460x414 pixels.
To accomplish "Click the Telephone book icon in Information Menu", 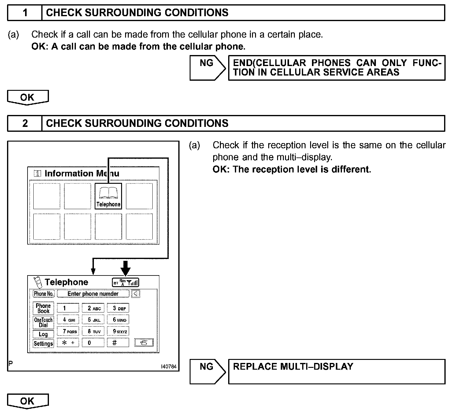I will click(108, 196).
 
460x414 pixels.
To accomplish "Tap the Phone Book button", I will click(43, 308).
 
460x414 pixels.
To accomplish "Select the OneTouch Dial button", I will click(43, 322).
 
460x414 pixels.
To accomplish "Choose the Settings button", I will click(43, 343).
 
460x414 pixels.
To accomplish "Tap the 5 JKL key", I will click(93, 320).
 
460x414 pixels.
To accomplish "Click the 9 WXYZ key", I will click(118, 331).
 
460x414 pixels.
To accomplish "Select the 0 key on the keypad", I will click(93, 343).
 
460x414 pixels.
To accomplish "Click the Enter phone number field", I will click(93, 294).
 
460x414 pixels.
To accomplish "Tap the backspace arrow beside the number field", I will click(135, 294).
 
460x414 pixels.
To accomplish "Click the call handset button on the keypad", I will click(144, 343).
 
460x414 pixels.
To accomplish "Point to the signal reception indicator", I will click(126, 283).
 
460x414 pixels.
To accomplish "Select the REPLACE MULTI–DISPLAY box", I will click(336, 371).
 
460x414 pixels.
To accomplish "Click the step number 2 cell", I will click(25, 123).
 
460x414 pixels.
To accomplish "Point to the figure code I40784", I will click(169, 366).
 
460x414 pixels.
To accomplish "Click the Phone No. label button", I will click(43, 294).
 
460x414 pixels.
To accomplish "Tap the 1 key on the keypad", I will click(68, 308).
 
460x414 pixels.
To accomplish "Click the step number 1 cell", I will click(25, 13).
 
